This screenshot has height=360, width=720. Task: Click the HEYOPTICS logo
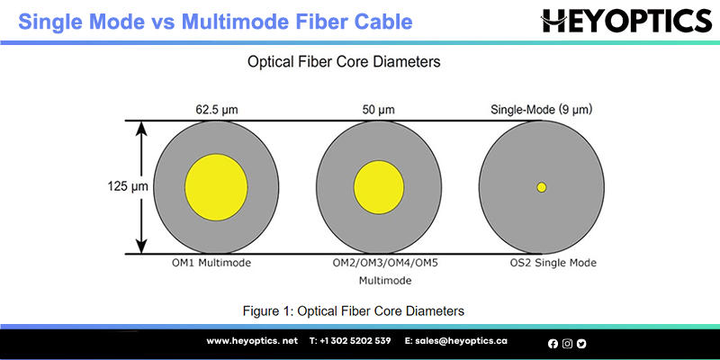pos(626,21)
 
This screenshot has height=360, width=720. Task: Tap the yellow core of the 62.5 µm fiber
pos(216,187)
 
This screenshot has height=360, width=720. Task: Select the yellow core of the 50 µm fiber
pos(379,187)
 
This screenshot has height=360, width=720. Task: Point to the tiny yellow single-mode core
pos(542,187)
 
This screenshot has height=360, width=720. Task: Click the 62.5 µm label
pos(216,110)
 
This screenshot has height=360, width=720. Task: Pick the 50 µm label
pos(379,110)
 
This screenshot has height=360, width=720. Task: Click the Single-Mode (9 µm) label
pos(542,110)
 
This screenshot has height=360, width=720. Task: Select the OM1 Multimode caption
pos(211,263)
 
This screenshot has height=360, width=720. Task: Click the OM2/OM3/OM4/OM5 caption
pos(385,263)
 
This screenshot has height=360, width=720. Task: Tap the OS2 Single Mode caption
pos(553,263)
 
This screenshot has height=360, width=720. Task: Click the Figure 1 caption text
pos(353,310)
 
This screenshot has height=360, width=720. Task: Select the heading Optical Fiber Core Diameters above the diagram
pos(344,61)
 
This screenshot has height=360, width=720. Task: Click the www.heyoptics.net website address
pos(252,341)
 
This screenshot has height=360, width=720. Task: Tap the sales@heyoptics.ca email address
pos(456,341)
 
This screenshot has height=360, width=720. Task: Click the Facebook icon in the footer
pos(553,344)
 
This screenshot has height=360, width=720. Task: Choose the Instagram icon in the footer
pos(568,344)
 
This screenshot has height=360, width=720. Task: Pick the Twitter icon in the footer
pos(581,344)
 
